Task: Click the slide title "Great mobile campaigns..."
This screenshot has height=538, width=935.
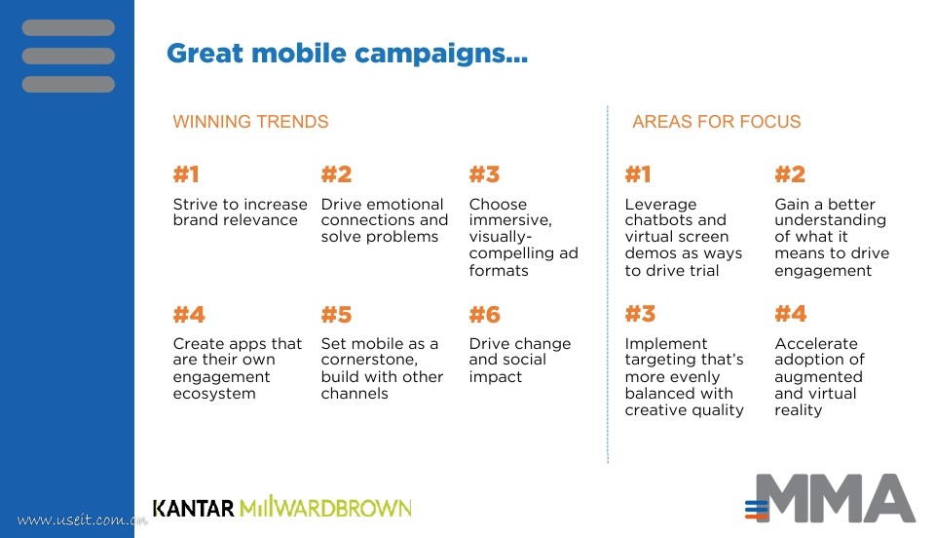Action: [x=347, y=54]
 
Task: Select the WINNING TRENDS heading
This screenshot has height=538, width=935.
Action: [x=250, y=122]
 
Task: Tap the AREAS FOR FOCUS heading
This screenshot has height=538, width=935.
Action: [x=716, y=122]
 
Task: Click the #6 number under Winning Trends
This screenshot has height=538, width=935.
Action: [x=484, y=315]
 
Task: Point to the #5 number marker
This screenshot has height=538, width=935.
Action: [x=336, y=315]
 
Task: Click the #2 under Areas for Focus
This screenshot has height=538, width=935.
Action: [x=790, y=174]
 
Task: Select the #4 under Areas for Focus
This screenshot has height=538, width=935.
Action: [x=790, y=314]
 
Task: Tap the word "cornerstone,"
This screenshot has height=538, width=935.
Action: [x=369, y=360]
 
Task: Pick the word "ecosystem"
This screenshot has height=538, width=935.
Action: [x=214, y=394]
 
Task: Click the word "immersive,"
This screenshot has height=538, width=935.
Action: [x=510, y=220]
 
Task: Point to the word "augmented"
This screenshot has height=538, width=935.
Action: [x=818, y=377]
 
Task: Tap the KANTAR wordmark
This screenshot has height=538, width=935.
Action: [x=193, y=508]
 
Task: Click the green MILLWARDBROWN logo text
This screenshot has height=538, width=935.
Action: [x=325, y=507]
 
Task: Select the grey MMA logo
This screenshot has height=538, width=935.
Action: [x=830, y=499]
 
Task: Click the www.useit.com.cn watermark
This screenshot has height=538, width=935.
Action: [x=82, y=519]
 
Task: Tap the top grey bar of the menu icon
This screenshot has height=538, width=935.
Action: [x=68, y=27]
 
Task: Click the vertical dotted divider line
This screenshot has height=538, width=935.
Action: [x=608, y=285]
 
